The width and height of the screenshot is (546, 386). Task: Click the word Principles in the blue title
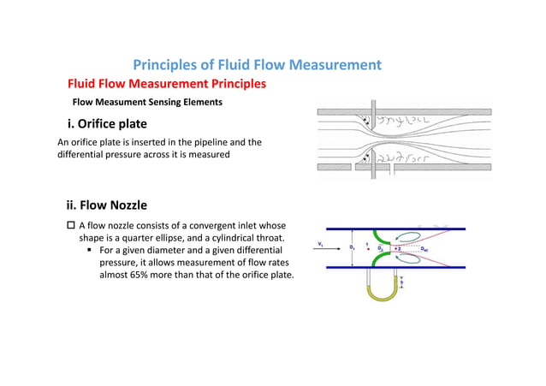pyautogui.click(x=168, y=65)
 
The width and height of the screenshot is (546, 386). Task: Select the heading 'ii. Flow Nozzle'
pyautogui.click(x=107, y=205)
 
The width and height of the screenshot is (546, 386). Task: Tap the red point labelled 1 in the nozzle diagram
pyautogui.click(x=367, y=249)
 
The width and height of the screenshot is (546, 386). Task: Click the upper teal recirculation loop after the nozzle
pyautogui.click(x=411, y=237)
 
